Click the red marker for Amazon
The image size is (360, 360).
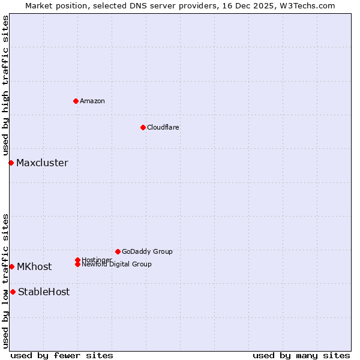pos(76,101)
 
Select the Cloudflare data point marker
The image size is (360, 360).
pos(143,127)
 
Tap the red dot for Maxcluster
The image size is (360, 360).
pos(11,163)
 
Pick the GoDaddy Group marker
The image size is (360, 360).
pos(118,251)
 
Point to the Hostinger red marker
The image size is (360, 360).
pos(77,260)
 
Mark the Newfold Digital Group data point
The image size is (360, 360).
pos(77,264)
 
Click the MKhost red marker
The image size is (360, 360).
pos(11,266)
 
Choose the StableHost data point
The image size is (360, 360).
pos(13,292)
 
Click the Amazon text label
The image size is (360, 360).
pos(92,101)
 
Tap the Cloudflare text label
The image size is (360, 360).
pos(163,127)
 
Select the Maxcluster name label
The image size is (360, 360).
pos(42,163)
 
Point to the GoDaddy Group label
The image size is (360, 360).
pos(147,251)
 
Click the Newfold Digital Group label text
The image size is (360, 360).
pos(117,265)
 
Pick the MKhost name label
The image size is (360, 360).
pos(34,266)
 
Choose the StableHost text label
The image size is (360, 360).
pos(44,292)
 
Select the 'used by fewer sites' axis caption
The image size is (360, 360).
pos(62,355)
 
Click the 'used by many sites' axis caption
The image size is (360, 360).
pos(301,355)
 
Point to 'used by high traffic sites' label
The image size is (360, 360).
pos(5,85)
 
